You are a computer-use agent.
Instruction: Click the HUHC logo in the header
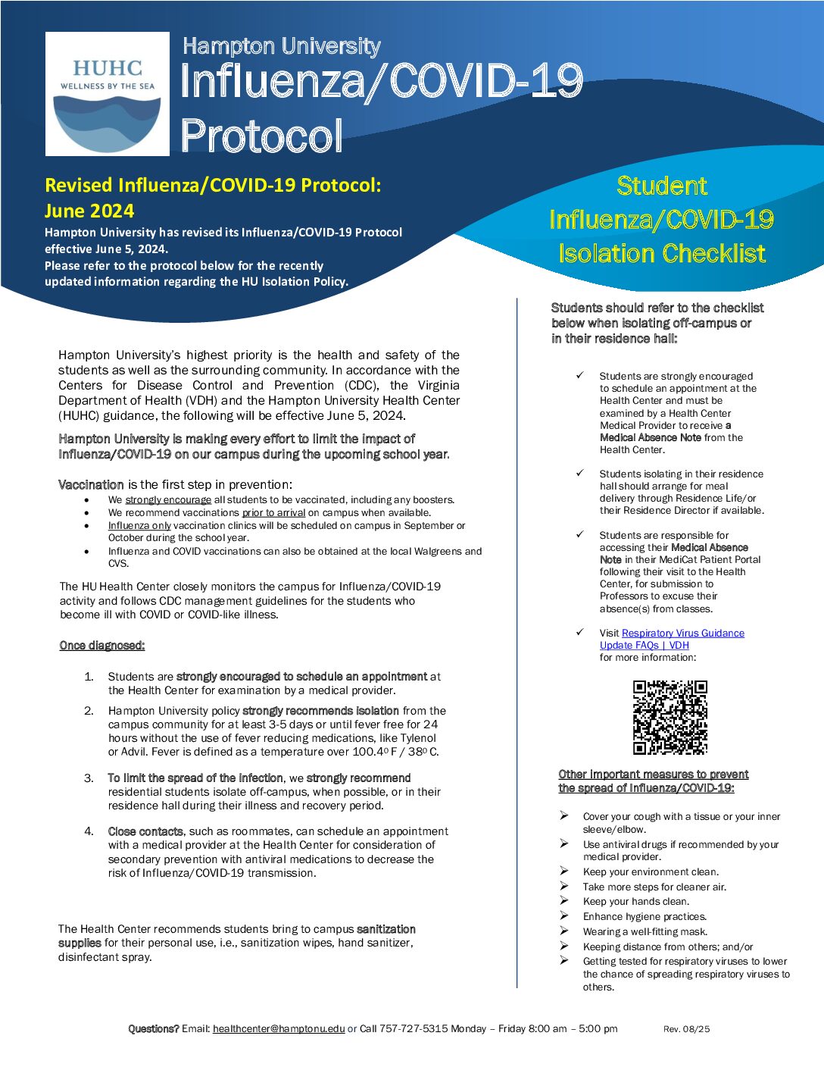coord(107,93)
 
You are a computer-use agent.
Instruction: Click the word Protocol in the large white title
coord(261,136)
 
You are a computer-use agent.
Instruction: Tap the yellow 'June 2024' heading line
coord(89,211)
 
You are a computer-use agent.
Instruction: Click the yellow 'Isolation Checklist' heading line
coord(662,253)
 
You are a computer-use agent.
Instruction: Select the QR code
coord(670,717)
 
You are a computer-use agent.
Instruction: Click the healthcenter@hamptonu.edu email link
coord(279,1028)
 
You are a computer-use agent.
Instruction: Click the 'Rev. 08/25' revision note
coord(686,1029)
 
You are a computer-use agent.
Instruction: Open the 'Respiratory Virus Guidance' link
coord(682,633)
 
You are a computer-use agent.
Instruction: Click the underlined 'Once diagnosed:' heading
coord(102,646)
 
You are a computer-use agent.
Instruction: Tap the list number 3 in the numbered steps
coord(89,778)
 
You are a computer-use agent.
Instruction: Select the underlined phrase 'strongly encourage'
coord(168,500)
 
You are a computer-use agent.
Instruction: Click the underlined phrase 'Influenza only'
coord(139,526)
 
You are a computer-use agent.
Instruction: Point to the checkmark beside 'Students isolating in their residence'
coord(580,473)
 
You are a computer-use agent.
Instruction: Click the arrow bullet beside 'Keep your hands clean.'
coord(564,900)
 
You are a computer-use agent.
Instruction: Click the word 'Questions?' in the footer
coord(154,1028)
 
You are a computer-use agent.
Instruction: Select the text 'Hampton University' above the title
coord(281,46)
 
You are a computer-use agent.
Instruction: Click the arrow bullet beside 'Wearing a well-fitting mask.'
coord(564,931)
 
